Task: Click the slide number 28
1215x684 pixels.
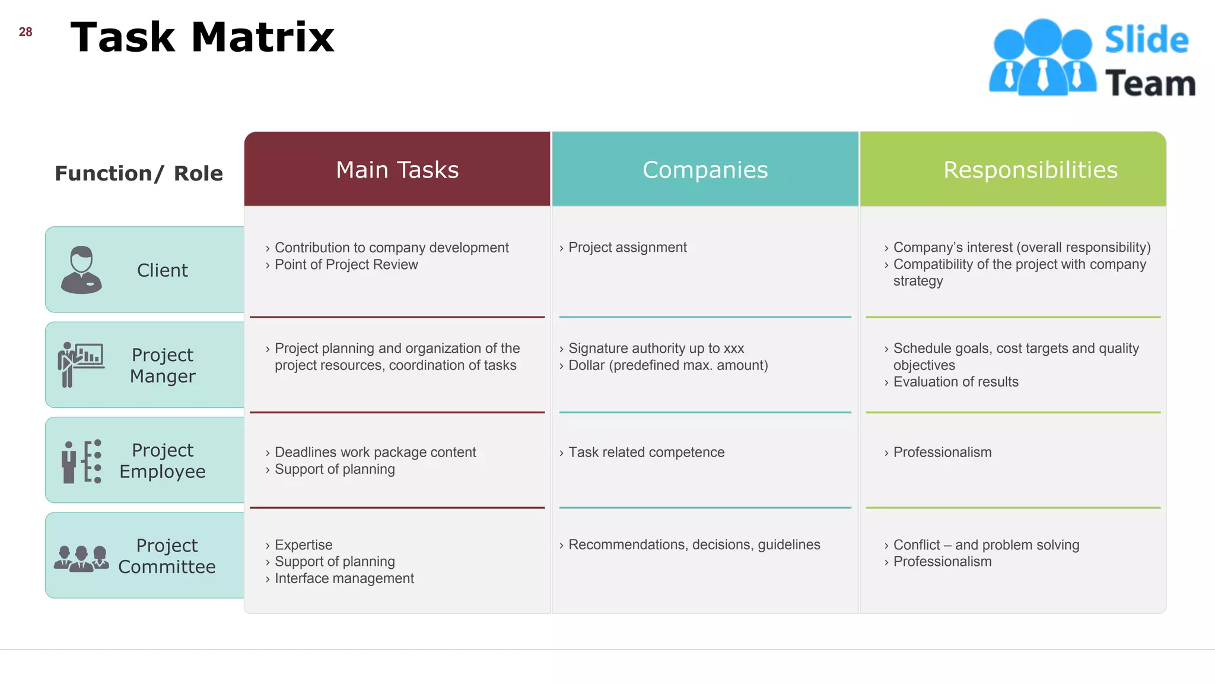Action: click(x=26, y=32)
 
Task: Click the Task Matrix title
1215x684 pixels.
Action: click(x=202, y=37)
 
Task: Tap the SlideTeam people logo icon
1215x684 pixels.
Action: click(x=1042, y=58)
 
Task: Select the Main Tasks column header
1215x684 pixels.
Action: click(x=397, y=170)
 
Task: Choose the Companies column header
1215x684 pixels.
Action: click(x=705, y=170)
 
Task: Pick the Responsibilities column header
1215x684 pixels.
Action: click(x=1030, y=170)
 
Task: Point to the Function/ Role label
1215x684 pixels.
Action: click(x=139, y=173)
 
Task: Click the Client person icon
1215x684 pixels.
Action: click(x=81, y=270)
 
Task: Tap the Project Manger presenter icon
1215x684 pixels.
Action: click(x=81, y=365)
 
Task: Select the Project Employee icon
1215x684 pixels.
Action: click(x=81, y=461)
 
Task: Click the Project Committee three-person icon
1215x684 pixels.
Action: click(x=81, y=558)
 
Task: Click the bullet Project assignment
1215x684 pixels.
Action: click(x=627, y=248)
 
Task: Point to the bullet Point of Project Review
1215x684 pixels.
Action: click(x=346, y=265)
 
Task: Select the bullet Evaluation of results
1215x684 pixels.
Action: click(x=955, y=382)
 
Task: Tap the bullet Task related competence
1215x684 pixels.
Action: click(x=646, y=452)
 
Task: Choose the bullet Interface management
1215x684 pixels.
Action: click(x=344, y=578)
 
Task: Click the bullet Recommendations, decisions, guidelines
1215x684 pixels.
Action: click(x=694, y=544)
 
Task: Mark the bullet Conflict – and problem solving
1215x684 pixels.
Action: click(x=986, y=545)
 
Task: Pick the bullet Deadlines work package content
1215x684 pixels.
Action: click(x=375, y=452)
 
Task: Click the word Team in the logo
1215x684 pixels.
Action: click(x=1150, y=83)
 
